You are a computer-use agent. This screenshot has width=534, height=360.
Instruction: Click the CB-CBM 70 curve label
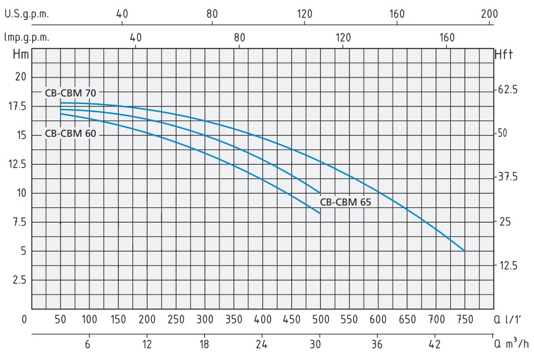point(70,93)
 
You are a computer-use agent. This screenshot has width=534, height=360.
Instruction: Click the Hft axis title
point(504,54)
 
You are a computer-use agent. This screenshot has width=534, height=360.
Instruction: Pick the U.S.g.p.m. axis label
point(26,13)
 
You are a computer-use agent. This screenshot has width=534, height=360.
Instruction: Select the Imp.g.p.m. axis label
point(26,37)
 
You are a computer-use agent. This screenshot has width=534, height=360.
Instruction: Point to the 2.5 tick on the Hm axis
point(19,279)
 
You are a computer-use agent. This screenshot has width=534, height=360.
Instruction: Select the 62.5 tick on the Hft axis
point(508,90)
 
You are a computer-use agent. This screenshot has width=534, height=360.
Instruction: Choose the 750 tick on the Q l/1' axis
point(465,319)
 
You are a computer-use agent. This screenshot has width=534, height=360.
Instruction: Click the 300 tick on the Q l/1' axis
point(205,319)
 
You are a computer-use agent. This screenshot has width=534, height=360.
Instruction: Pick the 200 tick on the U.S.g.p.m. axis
point(489,13)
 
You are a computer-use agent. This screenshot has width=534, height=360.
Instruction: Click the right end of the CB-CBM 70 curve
point(465,251)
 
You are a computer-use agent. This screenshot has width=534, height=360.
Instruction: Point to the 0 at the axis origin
point(24,319)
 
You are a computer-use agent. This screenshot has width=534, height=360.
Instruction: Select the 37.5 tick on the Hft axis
point(508,177)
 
